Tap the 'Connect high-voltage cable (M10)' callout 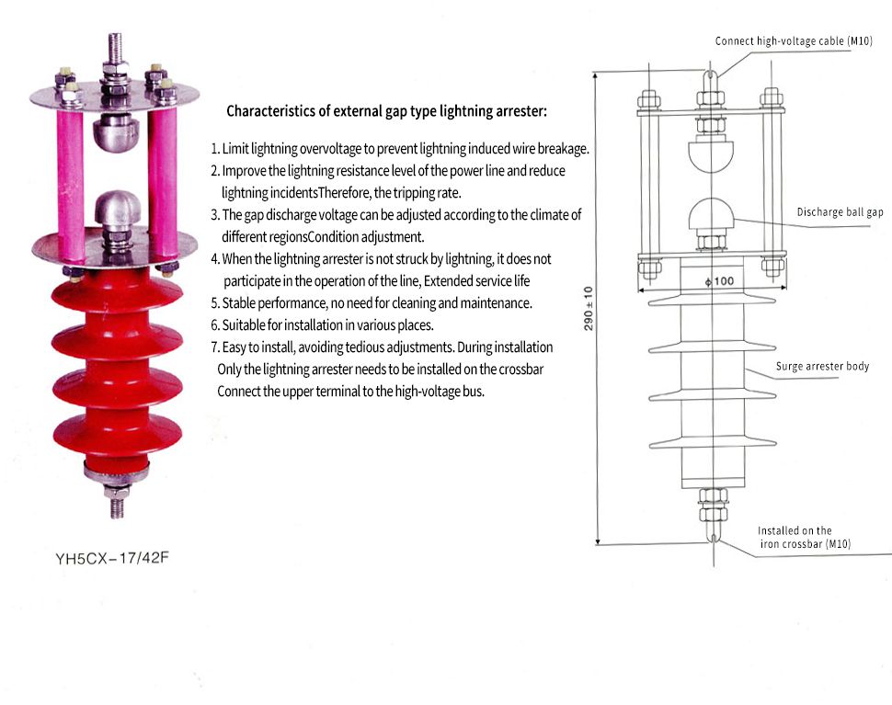point(793,40)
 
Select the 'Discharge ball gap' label point(839,212)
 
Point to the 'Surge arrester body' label point(822,367)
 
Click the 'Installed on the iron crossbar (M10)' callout point(800,538)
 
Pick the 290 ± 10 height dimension point(589,308)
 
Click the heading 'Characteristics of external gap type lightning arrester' point(386,111)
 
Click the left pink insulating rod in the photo point(70,165)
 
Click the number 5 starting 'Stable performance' point(214,303)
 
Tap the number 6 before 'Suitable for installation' point(214,325)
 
